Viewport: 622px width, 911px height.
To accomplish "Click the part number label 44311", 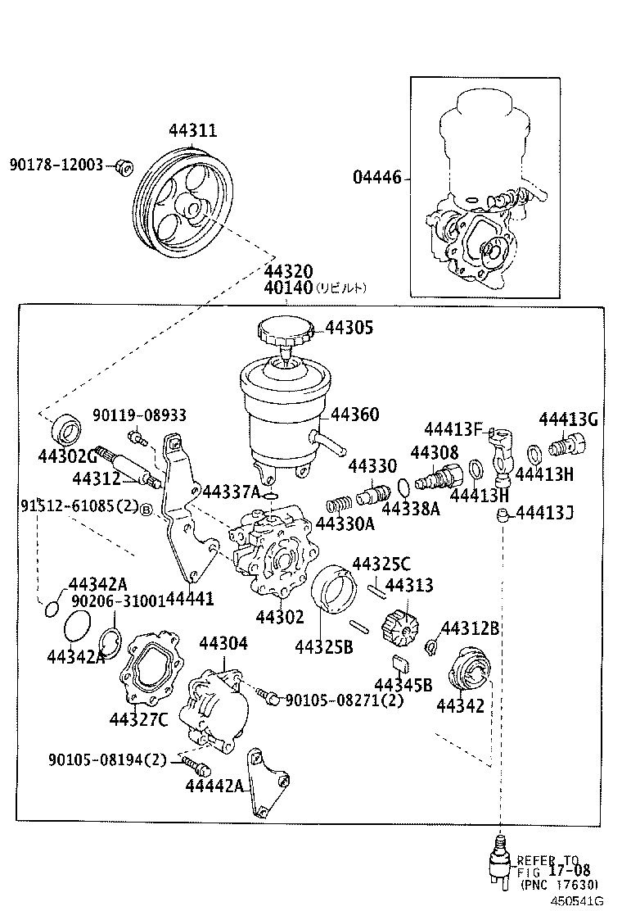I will click(x=193, y=130).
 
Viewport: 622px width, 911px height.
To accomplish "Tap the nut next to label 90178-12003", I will click(x=124, y=166).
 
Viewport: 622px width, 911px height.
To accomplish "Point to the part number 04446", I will click(x=377, y=177).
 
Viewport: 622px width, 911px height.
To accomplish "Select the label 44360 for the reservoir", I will click(x=354, y=415).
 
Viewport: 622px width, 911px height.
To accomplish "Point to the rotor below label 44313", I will click(x=401, y=628).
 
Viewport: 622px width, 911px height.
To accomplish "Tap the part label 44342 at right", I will click(x=460, y=705).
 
